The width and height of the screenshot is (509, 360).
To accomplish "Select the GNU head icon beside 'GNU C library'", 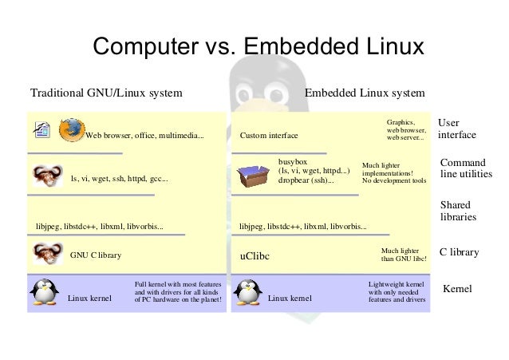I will point(45,254).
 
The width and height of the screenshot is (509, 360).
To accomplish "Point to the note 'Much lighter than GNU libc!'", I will point(404,255).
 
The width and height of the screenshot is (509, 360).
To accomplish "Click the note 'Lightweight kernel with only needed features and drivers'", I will point(397,292).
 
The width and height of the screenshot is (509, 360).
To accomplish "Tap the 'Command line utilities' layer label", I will point(466,168).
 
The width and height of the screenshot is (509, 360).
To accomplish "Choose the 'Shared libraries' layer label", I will point(458,210).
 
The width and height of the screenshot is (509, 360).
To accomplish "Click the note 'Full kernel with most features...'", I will point(177,292).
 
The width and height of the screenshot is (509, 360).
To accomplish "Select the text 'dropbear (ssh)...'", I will point(306,181).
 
